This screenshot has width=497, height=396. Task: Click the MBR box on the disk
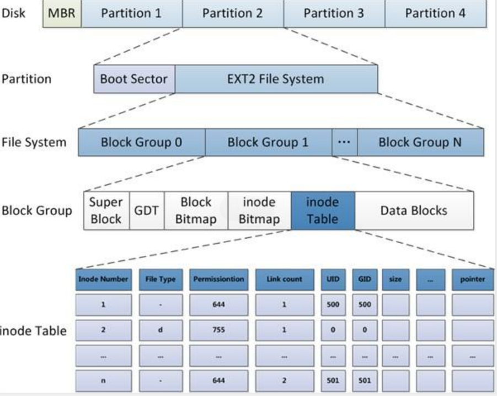(x=62, y=13)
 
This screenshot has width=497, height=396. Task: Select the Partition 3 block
(x=334, y=13)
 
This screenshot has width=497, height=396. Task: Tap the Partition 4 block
(x=435, y=13)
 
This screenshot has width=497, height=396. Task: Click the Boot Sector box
(x=134, y=79)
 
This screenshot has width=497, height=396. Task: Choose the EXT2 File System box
(x=276, y=79)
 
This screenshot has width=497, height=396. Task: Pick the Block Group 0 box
(x=142, y=142)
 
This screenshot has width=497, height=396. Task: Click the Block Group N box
(x=420, y=142)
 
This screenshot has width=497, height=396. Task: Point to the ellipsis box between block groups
(x=344, y=142)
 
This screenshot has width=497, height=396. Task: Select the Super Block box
(x=106, y=210)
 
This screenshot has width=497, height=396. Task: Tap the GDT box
(x=147, y=210)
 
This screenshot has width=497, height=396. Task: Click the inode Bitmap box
(x=259, y=210)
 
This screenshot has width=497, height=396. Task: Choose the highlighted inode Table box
(x=323, y=210)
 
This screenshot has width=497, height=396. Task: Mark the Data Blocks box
(x=414, y=210)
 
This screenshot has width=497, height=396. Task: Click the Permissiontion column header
(x=218, y=279)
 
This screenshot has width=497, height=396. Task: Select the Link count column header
(x=284, y=279)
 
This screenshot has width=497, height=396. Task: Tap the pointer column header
(x=472, y=279)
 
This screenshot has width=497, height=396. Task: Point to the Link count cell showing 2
(x=284, y=380)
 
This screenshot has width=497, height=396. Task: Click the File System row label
(x=33, y=142)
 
